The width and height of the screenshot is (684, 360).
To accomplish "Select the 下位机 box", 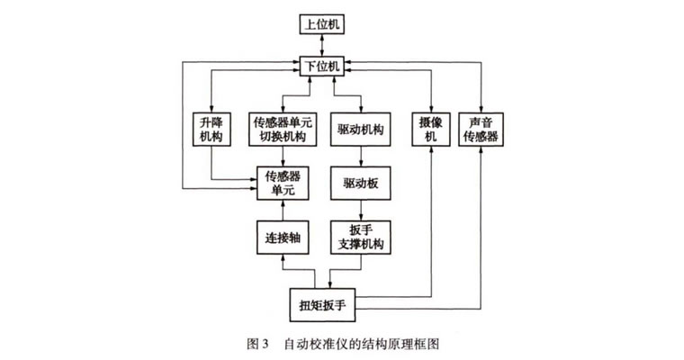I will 322,65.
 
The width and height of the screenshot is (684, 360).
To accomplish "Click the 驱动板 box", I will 360,184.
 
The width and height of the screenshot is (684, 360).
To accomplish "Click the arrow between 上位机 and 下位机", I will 322,44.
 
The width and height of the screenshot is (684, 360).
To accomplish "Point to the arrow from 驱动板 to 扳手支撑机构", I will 360,211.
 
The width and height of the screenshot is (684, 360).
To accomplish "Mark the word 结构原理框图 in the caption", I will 400,345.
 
